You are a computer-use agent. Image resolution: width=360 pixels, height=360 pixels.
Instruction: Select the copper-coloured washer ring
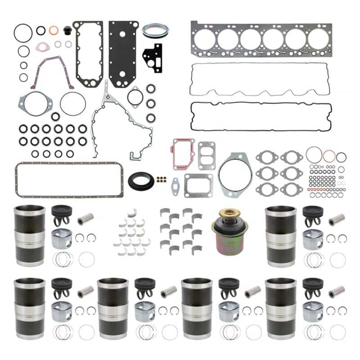[x=54, y=31]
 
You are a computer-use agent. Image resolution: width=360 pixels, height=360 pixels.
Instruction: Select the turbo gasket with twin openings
[x=207, y=149]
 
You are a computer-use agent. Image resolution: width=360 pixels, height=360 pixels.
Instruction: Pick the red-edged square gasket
[x=182, y=153]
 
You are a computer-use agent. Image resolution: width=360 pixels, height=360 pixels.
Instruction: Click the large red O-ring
[x=328, y=157]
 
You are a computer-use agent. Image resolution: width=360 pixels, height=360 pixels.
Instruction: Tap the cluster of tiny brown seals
[x=161, y=179]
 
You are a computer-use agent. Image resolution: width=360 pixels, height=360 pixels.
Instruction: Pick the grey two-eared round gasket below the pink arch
[x=36, y=104]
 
